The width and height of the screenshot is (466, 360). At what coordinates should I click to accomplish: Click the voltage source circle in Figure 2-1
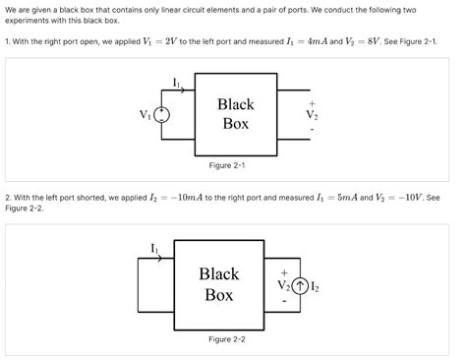pyautogui.click(x=161, y=114)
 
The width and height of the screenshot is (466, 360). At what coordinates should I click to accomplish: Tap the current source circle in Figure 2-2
pyautogui.click(x=299, y=286)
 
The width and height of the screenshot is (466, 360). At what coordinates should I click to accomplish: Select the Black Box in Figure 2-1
pyautogui.click(x=235, y=113)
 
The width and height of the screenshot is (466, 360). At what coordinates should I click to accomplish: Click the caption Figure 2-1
pyautogui.click(x=227, y=165)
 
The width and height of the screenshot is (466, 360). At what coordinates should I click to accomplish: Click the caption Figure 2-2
pyautogui.click(x=227, y=339)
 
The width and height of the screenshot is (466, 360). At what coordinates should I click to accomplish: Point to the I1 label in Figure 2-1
pyautogui.click(x=176, y=82)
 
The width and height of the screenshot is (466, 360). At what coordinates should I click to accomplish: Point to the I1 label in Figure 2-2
pyautogui.click(x=154, y=248)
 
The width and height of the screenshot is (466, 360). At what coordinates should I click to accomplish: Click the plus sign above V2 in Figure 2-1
pyautogui.click(x=313, y=100)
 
